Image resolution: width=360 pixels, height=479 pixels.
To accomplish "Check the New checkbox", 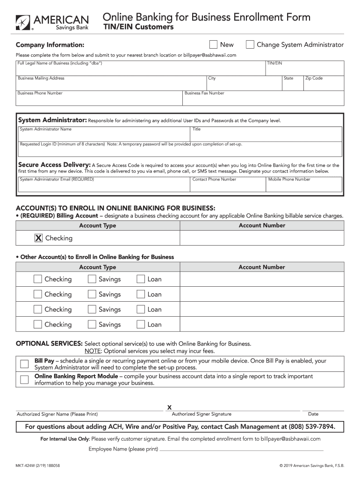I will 213,45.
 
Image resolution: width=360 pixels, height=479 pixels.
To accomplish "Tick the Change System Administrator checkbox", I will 250,45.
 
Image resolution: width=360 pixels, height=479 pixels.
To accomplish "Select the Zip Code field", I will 324,84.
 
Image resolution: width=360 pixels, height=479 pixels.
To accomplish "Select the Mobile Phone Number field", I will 305,186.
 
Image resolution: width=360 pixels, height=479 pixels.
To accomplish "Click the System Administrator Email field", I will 104,186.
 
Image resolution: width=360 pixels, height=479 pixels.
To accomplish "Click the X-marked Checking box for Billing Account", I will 38,238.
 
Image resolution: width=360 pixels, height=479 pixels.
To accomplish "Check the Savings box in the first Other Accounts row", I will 92,279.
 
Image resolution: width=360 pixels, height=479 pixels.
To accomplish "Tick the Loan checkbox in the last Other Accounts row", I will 141,325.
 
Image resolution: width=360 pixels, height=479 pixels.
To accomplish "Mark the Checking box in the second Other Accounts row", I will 38,295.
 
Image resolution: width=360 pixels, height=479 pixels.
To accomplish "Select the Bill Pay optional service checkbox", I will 24,364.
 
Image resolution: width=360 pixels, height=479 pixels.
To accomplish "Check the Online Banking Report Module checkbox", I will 24,379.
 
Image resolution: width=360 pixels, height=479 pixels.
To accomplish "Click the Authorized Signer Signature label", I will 202,414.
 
